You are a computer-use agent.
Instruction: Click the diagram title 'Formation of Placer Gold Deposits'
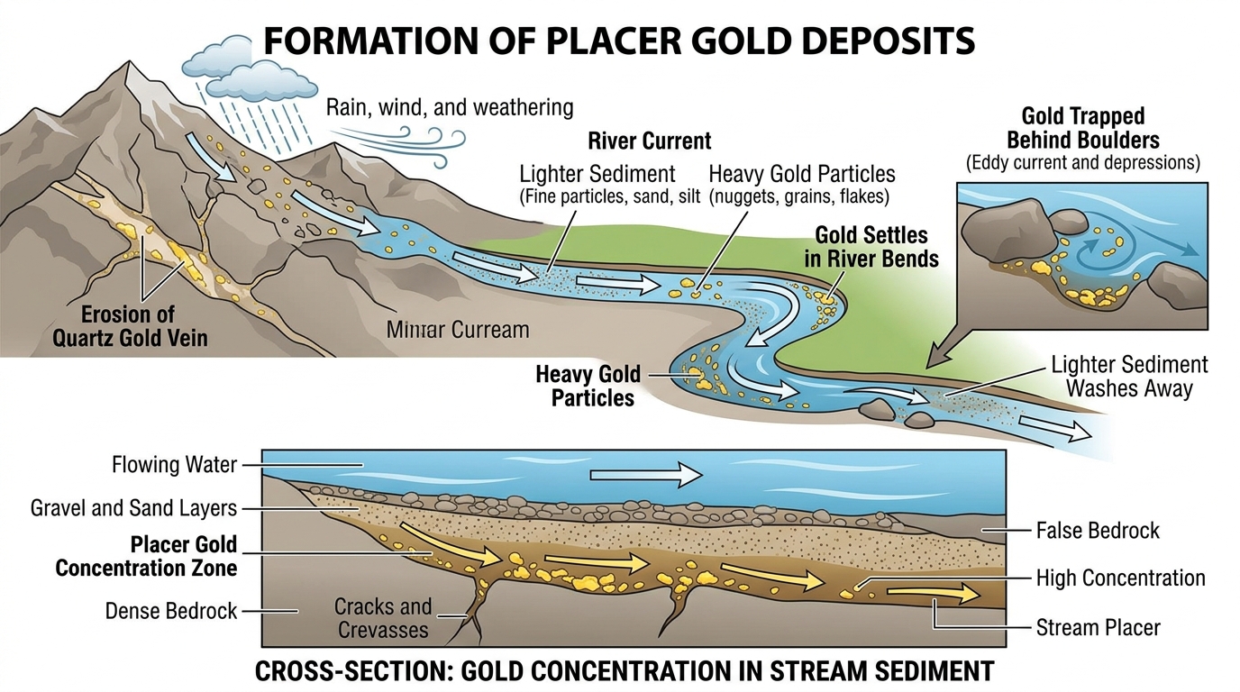pyautogui.click(x=619, y=41)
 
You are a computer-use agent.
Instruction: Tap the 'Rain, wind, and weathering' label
pyautogui.click(x=449, y=107)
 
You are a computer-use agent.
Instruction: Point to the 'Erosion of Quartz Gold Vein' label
pyautogui.click(x=144, y=327)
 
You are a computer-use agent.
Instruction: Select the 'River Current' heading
pyautogui.click(x=649, y=141)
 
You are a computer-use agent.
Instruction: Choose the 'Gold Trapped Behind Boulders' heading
pyautogui.click(x=1083, y=128)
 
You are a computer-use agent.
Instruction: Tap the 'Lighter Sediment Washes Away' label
pyautogui.click(x=1129, y=377)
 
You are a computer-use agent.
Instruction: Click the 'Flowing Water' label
pyautogui.click(x=174, y=465)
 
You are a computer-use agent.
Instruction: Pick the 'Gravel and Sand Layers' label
pyautogui.click(x=133, y=507)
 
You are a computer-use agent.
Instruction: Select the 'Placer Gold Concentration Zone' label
pyautogui.click(x=146, y=556)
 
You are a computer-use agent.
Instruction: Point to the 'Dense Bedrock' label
pyautogui.click(x=170, y=611)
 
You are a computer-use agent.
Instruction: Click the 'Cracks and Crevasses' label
pyautogui.click(x=383, y=617)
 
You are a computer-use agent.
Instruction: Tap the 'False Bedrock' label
pyautogui.click(x=1098, y=530)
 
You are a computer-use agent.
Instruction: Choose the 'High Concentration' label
pyautogui.click(x=1120, y=578)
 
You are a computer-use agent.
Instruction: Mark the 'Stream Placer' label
pyautogui.click(x=1099, y=626)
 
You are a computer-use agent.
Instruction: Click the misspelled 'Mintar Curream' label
pyautogui.click(x=458, y=330)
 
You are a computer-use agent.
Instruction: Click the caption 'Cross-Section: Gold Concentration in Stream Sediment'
pyautogui.click(x=625, y=671)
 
